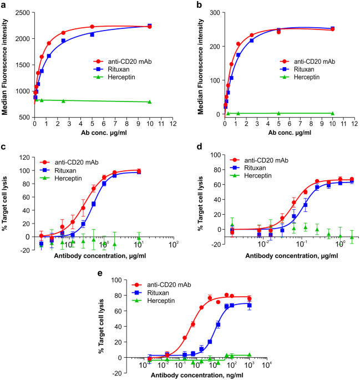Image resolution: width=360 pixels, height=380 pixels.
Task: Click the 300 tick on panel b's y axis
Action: (205, 12)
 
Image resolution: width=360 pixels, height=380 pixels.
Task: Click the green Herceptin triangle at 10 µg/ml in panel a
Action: (150, 102)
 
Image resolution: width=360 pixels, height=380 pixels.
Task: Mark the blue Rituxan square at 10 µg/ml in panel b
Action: (332, 28)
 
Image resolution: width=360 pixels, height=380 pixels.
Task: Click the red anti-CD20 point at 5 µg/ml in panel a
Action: (92, 27)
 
